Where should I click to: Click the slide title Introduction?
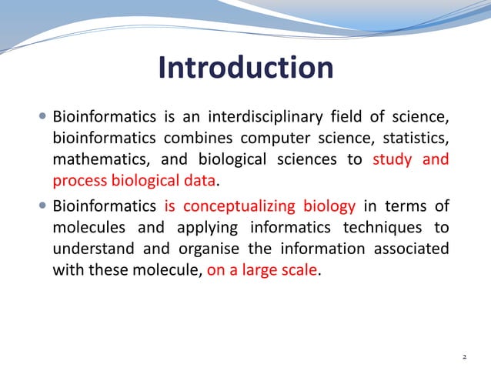click(245, 68)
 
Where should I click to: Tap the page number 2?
click(464, 357)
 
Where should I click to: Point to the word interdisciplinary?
click(268, 118)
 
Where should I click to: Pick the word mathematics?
click(97, 161)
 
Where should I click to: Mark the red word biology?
click(329, 206)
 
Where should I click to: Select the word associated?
click(410, 249)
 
